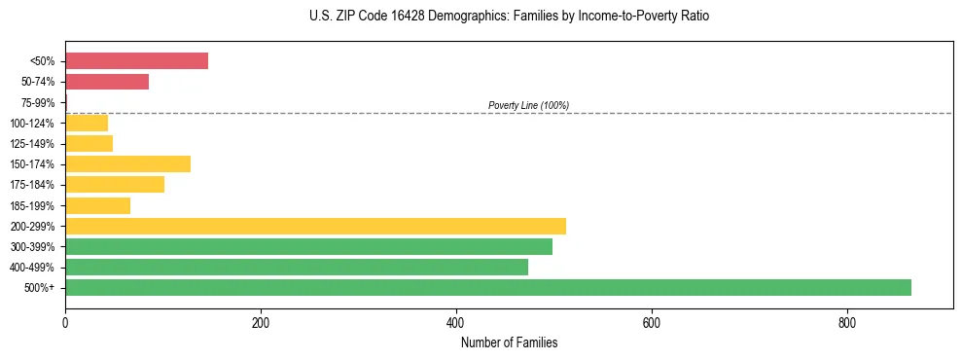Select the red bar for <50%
pos(136,60)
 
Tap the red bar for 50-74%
pos(107,82)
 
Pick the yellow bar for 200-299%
pos(315,226)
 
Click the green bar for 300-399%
pos(308,246)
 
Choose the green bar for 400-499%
pos(297,267)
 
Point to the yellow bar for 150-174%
pos(127,163)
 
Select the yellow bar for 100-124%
pos(87,123)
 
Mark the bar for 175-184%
pos(115,184)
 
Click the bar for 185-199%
pos(97,205)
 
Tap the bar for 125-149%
pos(89,143)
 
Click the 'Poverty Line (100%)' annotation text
pos(528,105)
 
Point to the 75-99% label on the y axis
pos(38,102)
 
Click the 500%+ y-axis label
pos(41,288)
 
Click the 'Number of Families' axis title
pos(509,342)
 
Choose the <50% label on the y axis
pos(42,61)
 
